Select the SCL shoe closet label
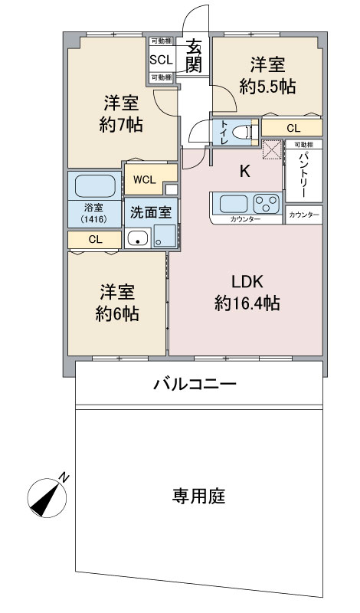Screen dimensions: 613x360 click(x=161, y=59)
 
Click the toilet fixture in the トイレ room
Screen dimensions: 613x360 click(x=244, y=132)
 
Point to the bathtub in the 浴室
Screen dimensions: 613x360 click(x=95, y=186)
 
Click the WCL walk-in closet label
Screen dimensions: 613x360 click(x=144, y=180)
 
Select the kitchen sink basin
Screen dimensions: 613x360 click(x=233, y=204)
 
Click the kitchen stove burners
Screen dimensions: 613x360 click(x=266, y=205)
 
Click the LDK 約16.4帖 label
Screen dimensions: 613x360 click(x=247, y=293)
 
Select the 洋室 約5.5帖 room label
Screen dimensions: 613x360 click(x=267, y=75)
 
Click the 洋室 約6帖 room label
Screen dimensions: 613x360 click(x=117, y=303)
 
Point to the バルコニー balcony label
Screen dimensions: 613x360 click(x=195, y=383)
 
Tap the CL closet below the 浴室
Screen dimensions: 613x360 click(x=94, y=240)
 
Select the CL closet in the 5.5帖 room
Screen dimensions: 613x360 click(x=293, y=128)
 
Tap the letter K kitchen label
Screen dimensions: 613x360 click(x=245, y=171)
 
